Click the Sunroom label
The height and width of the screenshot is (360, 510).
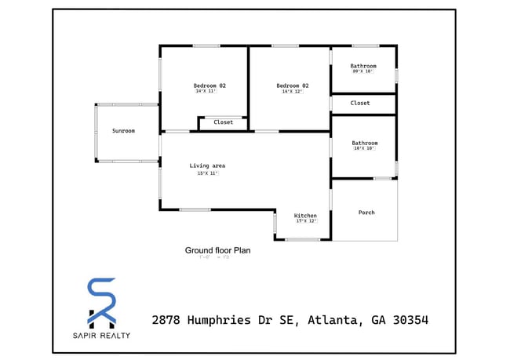123,131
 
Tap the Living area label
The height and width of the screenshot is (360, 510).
207,165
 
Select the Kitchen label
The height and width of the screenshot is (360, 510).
305,215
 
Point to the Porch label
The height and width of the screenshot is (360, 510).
366,213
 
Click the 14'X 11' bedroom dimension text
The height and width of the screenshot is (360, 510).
206,91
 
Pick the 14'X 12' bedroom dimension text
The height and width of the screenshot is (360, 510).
292,92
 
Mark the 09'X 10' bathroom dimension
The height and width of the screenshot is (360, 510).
363,71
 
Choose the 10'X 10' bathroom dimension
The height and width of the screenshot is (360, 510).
364,148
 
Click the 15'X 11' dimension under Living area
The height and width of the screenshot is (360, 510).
207,173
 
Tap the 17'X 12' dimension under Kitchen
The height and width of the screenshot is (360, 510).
305,221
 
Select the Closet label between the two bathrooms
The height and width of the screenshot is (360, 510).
360,103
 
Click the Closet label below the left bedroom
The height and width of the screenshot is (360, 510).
224,122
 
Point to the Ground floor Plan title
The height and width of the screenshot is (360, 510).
217,250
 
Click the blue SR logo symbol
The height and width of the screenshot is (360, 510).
101,302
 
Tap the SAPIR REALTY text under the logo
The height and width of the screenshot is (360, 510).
101,336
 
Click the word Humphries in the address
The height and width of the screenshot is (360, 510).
227,320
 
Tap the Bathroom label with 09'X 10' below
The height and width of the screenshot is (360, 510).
363,66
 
